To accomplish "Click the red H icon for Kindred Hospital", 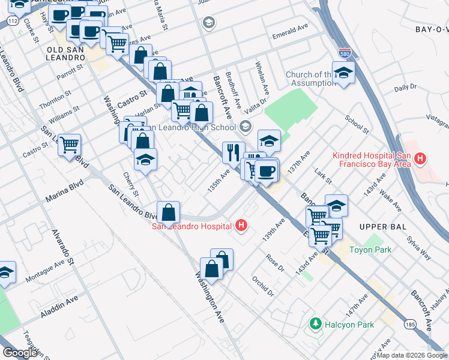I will tap(420, 159).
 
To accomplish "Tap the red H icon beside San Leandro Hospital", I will tap(241, 226).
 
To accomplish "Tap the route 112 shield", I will tap(12, 20).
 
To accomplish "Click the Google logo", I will tap(20, 352).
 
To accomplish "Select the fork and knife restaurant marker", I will tap(233, 152).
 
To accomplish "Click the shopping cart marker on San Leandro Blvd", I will tap(69, 145).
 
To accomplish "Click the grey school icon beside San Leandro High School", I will tap(245, 127).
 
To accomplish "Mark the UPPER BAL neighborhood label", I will tap(383, 226).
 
